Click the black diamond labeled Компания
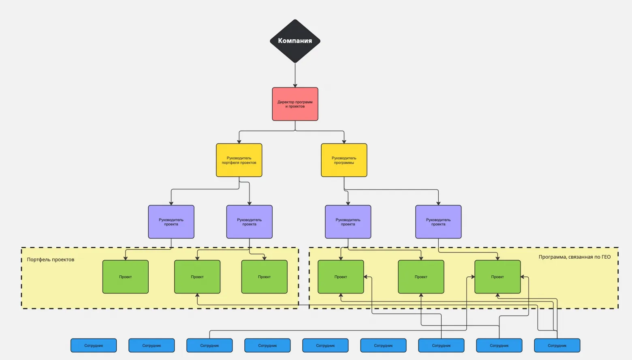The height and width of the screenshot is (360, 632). (x=295, y=41)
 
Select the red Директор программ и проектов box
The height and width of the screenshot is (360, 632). (x=295, y=104)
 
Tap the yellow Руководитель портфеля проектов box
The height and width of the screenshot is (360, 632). (x=239, y=160)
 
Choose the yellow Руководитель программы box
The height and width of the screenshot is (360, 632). (x=344, y=160)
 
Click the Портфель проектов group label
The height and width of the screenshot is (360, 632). (x=51, y=259)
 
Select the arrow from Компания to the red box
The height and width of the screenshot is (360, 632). (x=295, y=75)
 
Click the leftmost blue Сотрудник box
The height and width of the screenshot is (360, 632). (x=94, y=345)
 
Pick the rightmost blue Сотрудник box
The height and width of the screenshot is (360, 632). (x=557, y=345)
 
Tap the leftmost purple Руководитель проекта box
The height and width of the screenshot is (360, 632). (x=171, y=222)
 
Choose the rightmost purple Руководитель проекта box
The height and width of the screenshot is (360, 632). (x=438, y=222)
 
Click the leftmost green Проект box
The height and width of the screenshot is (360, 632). (x=126, y=277)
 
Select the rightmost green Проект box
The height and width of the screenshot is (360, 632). (x=497, y=277)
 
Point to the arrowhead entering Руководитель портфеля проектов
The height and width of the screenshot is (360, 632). (x=239, y=141)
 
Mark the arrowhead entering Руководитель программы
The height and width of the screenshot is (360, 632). (x=344, y=141)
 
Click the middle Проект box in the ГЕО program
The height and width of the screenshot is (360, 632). (x=421, y=277)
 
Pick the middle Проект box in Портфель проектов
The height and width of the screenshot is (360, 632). (x=197, y=277)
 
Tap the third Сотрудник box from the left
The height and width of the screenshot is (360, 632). (x=209, y=345)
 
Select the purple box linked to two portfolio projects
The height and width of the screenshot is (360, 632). (x=249, y=222)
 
